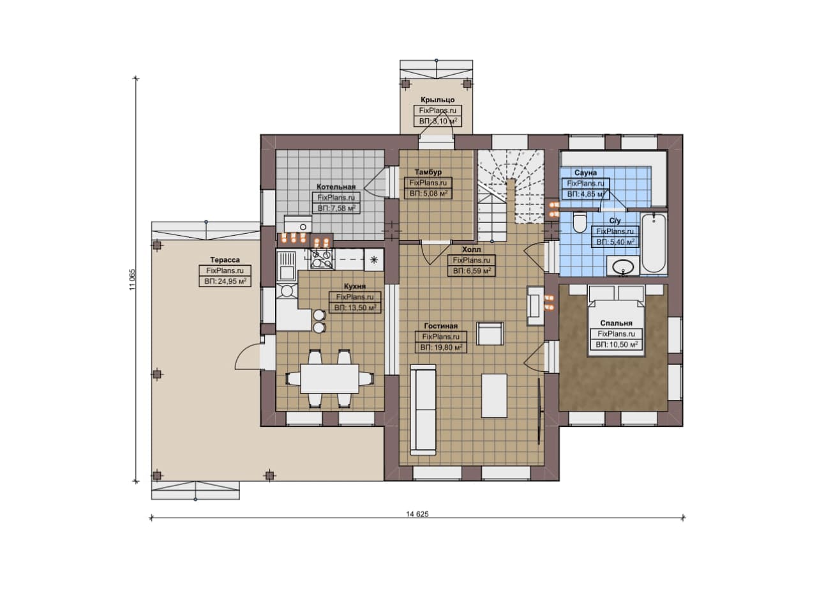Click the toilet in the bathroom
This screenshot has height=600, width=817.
[579, 222]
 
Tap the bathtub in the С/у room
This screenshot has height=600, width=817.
[654, 243]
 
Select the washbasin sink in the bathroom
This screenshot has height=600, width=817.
[623, 265]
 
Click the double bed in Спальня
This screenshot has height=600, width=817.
[616, 321]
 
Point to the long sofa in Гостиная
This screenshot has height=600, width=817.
[423, 410]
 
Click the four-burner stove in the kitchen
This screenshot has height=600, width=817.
[322, 259]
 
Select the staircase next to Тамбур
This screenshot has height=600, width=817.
[511, 196]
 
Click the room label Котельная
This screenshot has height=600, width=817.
[336, 187]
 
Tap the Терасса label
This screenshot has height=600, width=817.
[225, 260]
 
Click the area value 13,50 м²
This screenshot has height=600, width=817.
[355, 307]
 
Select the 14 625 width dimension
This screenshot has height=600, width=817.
[417, 514]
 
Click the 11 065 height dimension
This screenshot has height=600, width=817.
[132, 280]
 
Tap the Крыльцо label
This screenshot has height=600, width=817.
[438, 100]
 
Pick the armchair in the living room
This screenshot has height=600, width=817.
[491, 334]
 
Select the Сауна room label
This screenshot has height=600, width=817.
[585, 173]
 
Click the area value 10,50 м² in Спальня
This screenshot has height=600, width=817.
[617, 344]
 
